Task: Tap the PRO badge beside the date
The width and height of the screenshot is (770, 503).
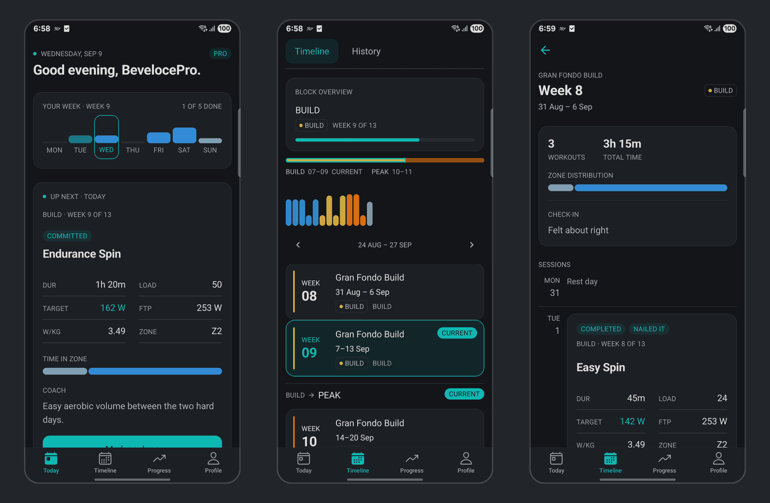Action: tap(220, 54)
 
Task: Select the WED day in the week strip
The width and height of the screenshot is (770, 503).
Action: tap(106, 137)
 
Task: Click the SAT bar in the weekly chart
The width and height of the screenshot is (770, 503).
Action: tap(184, 135)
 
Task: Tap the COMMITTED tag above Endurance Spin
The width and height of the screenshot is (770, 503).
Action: tap(67, 236)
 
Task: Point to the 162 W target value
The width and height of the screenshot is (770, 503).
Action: tap(113, 308)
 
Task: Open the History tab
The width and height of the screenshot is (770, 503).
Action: tap(366, 51)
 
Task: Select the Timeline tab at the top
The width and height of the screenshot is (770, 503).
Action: tap(312, 51)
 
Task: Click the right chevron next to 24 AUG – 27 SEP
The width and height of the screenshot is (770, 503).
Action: tap(472, 245)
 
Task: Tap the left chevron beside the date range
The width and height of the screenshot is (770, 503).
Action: tap(298, 245)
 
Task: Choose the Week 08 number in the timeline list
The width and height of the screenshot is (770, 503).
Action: tap(309, 296)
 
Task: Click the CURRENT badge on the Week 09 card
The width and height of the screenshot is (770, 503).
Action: tap(457, 333)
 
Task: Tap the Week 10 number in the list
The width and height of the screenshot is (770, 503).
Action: tap(309, 442)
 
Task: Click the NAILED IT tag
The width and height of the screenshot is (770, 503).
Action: tap(649, 329)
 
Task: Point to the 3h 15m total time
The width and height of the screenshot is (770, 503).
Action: tap(622, 144)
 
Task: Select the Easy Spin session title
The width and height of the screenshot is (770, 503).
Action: tap(601, 367)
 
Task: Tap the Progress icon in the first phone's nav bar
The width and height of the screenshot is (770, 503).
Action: tap(159, 458)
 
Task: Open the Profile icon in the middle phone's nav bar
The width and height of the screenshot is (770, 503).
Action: tap(466, 458)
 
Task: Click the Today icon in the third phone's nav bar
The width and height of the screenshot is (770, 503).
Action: tap(556, 458)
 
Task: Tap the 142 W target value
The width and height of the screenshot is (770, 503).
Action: tap(632, 421)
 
